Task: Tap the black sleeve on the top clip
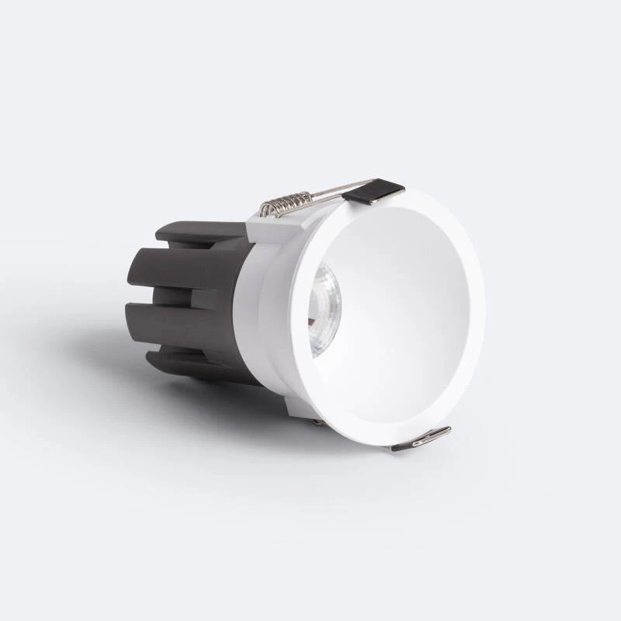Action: [x=374, y=191]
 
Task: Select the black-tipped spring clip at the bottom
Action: [x=421, y=439]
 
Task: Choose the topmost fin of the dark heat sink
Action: [x=194, y=231]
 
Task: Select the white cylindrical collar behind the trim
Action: [x=260, y=310]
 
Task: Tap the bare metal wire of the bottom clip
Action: [x=404, y=444]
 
